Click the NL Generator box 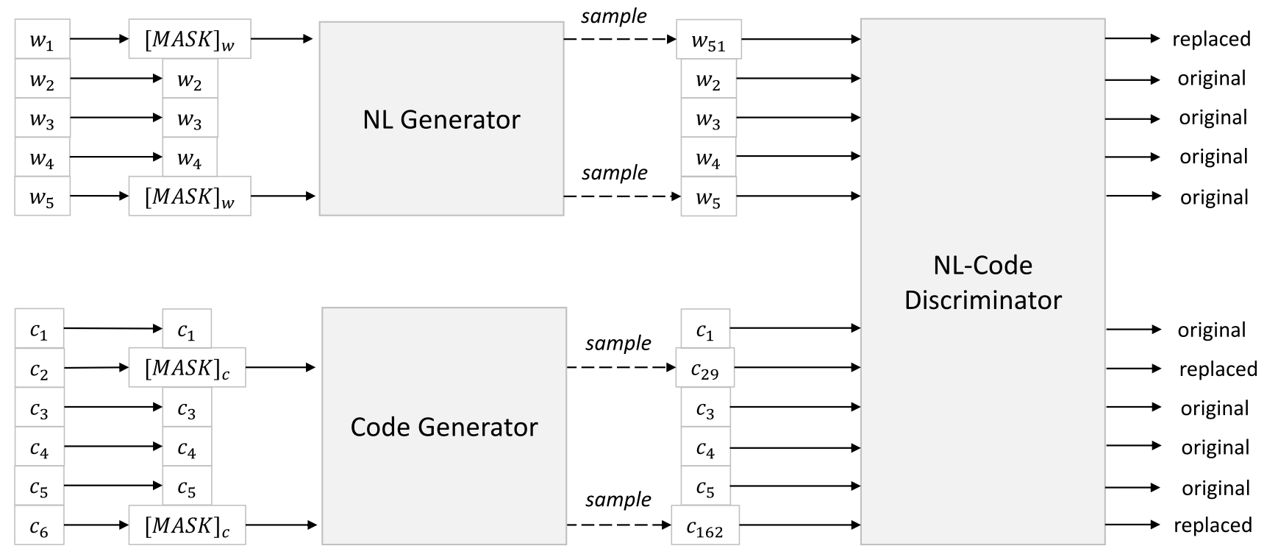coord(441,118)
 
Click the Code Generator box coord(443,426)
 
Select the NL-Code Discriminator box coord(982,282)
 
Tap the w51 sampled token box coord(708,40)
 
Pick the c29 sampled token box coord(704,368)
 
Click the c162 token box coord(704,525)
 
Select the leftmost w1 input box coord(42,40)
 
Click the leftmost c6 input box coord(39,525)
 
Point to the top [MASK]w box coord(189,39)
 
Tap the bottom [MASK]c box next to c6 coord(187,525)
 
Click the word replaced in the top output coord(1211,39)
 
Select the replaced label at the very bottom coord(1213,525)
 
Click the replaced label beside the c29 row coord(1218,369)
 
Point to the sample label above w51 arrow coord(613,16)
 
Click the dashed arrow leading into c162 coord(618,525)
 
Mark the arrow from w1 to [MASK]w coord(99,39)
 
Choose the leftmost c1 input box coord(39,329)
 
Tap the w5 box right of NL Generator coord(708,196)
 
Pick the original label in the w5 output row coord(1214,197)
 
